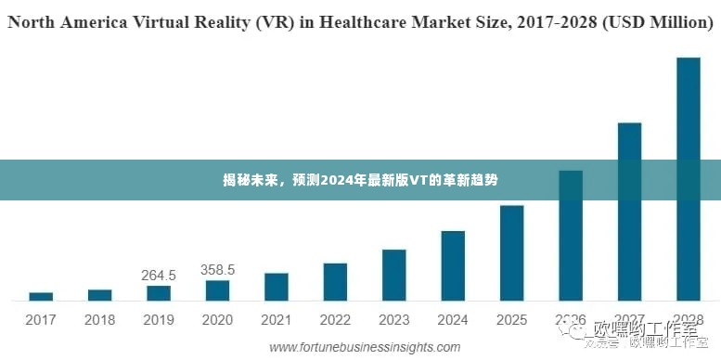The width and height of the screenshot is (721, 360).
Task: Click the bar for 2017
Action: [41, 296]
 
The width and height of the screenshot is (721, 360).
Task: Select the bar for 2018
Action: [100, 295]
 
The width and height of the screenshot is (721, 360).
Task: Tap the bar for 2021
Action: [276, 287]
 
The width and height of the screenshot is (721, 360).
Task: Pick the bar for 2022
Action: [335, 282]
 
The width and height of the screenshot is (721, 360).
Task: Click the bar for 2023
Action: [393, 275]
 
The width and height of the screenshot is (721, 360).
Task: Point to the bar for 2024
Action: [453, 265]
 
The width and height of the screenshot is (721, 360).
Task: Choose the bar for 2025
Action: [512, 252]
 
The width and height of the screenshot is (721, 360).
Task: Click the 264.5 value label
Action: [159, 275]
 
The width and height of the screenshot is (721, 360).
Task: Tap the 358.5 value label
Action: [217, 269]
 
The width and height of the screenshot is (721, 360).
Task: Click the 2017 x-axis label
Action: [41, 320]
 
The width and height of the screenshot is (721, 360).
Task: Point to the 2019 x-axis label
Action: [159, 320]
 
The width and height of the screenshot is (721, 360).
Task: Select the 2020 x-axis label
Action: [217, 320]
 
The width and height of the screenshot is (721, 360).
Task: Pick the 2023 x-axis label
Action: [393, 320]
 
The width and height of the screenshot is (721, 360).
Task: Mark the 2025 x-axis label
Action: [512, 320]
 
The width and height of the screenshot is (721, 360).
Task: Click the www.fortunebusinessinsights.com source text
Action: [365, 347]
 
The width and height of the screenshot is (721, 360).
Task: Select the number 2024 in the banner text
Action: [336, 180]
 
